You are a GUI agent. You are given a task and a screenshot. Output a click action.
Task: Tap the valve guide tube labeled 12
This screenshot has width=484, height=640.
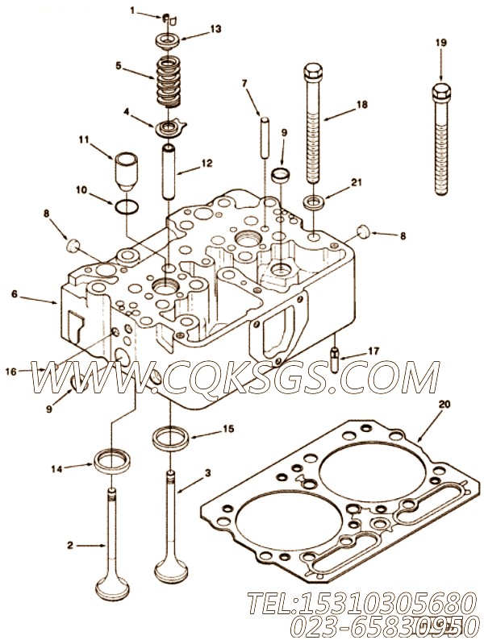[x=169, y=173]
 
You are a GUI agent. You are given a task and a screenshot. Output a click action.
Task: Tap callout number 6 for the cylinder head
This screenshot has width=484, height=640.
[x=15, y=295]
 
